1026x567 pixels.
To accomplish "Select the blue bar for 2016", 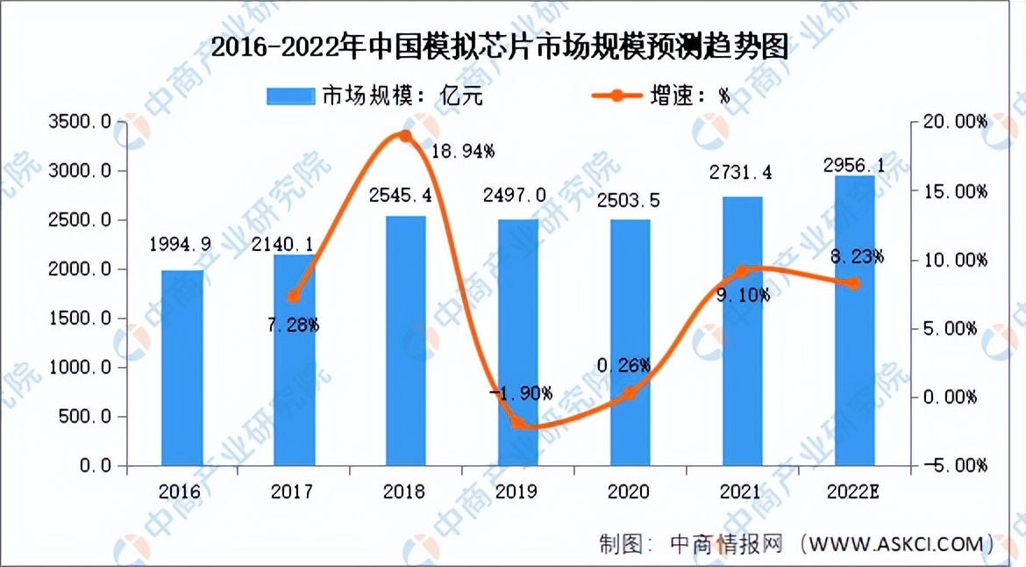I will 182,368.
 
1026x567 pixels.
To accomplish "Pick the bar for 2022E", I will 855,320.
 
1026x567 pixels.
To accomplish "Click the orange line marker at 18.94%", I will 405,136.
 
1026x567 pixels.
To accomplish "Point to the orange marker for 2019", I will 518,423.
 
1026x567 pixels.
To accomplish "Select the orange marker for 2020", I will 631,393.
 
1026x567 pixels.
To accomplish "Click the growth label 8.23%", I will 855,257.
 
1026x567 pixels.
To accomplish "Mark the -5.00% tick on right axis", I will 958,464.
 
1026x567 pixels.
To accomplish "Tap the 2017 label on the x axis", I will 292,492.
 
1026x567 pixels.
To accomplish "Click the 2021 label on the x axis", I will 742,492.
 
